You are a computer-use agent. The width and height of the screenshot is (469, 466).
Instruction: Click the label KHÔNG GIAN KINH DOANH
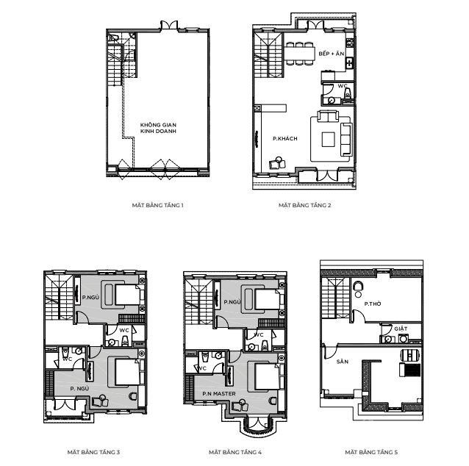coord(158,128)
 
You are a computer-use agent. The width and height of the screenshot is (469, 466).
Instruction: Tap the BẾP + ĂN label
coord(332,54)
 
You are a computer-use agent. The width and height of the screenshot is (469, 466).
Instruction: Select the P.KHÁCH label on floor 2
coord(285,138)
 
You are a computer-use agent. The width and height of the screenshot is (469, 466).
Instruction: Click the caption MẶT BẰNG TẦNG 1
coord(157,205)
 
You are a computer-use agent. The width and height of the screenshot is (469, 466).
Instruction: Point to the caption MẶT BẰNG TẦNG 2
coord(305,205)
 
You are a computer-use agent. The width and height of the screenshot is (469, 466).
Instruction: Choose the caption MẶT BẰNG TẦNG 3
coord(93,452)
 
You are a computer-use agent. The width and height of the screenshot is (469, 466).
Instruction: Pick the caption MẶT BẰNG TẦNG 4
coord(235,452)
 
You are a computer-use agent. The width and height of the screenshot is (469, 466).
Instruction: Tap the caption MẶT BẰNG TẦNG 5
coord(371,452)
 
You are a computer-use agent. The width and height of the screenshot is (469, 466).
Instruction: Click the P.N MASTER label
coord(219,394)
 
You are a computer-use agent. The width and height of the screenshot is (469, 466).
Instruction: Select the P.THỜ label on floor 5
coord(373,304)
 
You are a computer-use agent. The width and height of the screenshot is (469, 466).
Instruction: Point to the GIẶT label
coord(401,329)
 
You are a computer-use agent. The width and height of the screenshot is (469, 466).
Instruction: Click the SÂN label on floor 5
coord(343,362)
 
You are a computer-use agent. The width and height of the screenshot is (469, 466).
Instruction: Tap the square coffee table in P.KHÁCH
coord(328,140)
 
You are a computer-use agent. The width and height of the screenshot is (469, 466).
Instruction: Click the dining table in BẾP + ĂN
coord(299,54)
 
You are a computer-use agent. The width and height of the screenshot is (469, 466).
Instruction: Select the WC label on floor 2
coord(343,86)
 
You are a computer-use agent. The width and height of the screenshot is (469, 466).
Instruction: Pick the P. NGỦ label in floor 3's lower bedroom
coord(79,389)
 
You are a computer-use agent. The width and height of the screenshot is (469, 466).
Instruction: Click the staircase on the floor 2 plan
coord(268,55)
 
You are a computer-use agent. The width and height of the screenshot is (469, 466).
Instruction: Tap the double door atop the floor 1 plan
coord(169,25)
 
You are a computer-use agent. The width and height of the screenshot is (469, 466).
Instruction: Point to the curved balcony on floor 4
coord(256,427)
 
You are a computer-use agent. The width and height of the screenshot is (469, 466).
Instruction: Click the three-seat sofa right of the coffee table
coord(346,140)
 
